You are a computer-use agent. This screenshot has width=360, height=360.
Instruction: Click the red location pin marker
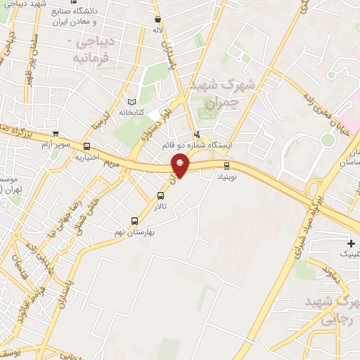[181, 165]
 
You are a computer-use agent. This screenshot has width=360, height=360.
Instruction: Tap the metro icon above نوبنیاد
[226, 166]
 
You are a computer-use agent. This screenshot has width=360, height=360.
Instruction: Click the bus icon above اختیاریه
[86, 146]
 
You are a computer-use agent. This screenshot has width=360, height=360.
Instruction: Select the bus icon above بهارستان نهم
[134, 220]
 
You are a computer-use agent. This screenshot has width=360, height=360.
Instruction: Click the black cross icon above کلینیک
[350, 243]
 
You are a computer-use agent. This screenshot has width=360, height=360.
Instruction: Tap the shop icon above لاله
[157, 20]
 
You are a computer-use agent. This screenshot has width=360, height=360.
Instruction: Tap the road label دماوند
[328, 269]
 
